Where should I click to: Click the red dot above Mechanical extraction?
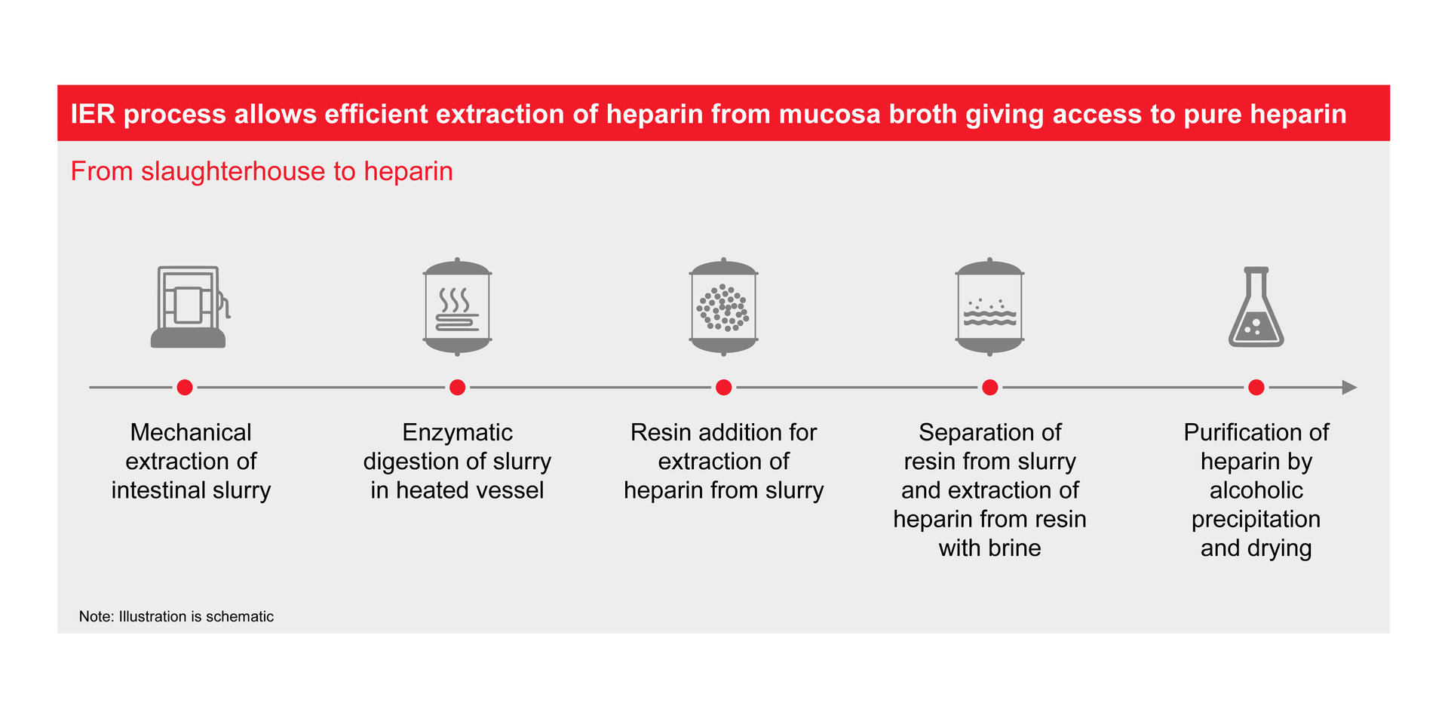tap(185, 388)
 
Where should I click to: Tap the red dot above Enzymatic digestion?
tap(457, 388)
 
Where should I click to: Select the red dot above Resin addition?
tap(723, 388)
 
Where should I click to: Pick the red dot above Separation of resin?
tap(990, 388)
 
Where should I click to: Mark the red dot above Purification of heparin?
tap(1256, 388)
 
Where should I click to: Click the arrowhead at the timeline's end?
tap(1349, 388)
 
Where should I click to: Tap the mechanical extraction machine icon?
tap(189, 307)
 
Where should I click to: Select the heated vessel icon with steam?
tap(457, 307)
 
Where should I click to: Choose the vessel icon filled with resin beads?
tap(723, 307)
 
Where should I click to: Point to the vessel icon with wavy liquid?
tap(989, 307)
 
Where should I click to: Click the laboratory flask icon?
tap(1256, 307)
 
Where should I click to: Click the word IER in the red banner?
tap(93, 114)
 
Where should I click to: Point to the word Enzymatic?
tap(457, 432)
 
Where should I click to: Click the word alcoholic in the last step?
tap(1256, 490)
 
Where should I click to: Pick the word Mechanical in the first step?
tap(191, 432)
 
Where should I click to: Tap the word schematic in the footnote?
tap(240, 616)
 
